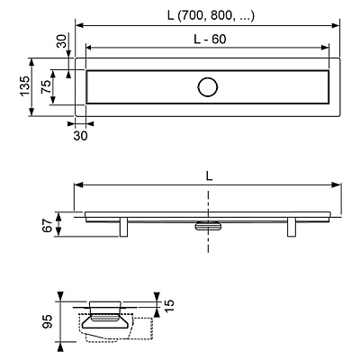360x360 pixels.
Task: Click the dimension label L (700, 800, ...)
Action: coord(211,15)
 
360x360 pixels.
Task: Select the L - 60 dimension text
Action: coord(210,40)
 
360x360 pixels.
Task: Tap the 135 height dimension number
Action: coord(25,86)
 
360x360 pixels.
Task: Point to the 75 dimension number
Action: coord(46,87)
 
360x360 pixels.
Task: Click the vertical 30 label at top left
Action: coord(61,41)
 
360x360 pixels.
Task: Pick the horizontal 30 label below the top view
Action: coord(80,136)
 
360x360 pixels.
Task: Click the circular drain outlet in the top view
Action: coord(207,87)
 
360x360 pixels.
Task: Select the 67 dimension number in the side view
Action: coord(48,225)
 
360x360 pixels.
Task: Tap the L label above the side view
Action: coord(209,176)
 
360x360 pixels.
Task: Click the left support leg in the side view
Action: coord(124,227)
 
